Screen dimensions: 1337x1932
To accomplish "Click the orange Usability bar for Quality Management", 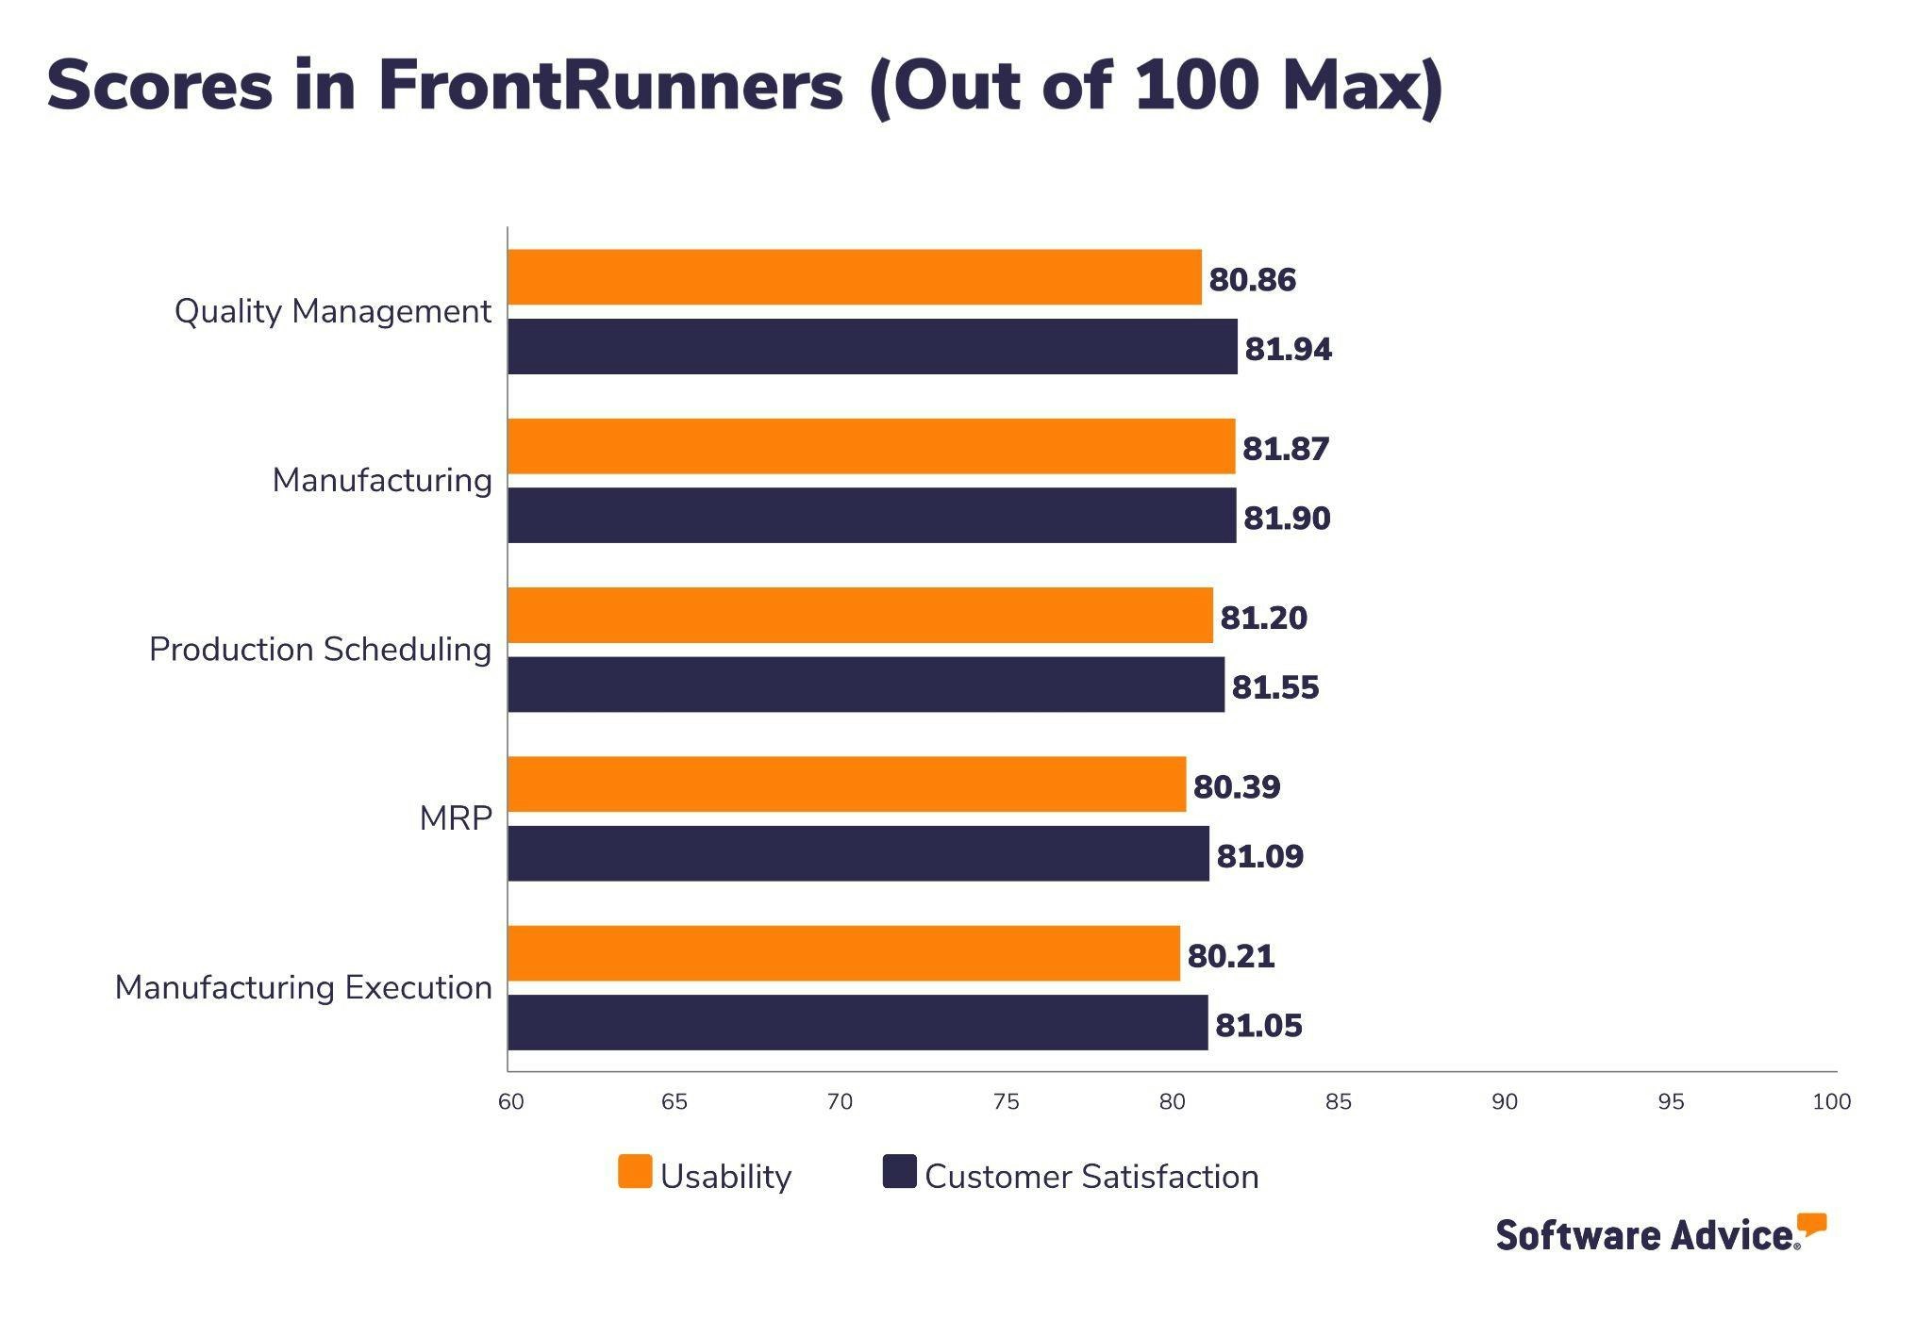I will click(x=854, y=277).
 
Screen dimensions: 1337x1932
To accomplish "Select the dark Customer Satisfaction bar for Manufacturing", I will click(x=871, y=516).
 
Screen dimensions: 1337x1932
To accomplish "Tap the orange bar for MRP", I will click(x=846, y=784).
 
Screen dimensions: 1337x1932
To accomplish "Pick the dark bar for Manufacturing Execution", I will click(x=857, y=1023).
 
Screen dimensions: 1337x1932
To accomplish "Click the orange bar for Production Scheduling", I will click(x=859, y=616).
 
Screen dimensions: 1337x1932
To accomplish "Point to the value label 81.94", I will click(x=1288, y=349).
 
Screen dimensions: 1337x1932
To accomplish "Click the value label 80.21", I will click(x=1230, y=956).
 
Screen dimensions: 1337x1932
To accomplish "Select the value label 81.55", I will click(x=1274, y=687).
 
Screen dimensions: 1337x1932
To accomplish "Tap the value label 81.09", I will click(x=1259, y=856).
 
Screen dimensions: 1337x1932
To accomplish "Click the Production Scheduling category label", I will click(x=320, y=650).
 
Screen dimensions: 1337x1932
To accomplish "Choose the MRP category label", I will click(x=455, y=818).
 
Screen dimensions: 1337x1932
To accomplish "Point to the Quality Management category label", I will click(x=332, y=311).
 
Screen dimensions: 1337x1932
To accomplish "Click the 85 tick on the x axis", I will click(x=1338, y=1101).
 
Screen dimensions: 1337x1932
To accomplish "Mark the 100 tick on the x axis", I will click(x=1831, y=1101).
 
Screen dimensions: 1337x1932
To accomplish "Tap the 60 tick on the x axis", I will click(x=510, y=1101).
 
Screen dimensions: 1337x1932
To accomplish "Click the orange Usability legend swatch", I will click(x=635, y=1172).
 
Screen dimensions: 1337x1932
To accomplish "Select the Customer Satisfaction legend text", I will click(x=1091, y=1177).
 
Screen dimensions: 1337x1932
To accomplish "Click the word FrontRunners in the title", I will click(x=610, y=87).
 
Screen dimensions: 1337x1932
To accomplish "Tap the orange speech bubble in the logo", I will click(x=1811, y=1224).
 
